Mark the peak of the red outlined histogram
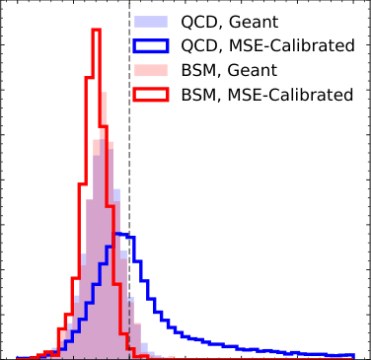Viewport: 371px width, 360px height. [96, 30]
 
